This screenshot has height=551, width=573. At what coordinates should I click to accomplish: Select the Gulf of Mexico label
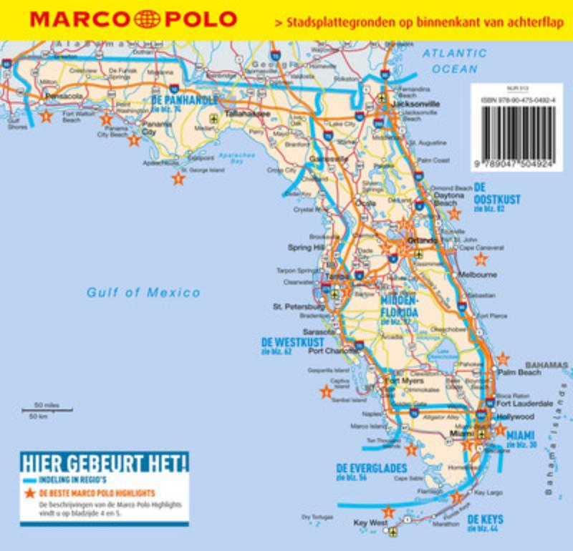click(143, 292)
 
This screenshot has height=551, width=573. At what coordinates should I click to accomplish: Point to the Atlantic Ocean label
click(454, 61)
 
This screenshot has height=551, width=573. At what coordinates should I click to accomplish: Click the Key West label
click(370, 523)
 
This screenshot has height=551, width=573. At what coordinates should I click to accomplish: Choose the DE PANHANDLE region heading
click(185, 100)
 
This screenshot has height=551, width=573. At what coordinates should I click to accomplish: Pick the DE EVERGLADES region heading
click(371, 468)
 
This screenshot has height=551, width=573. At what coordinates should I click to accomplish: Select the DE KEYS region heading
click(485, 519)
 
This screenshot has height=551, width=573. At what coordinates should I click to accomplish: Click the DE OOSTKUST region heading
click(497, 200)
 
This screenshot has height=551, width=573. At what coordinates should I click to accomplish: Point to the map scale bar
click(46, 410)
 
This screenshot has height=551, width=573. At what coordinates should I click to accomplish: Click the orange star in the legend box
click(29, 494)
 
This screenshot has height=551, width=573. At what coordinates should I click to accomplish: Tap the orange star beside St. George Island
click(178, 179)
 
